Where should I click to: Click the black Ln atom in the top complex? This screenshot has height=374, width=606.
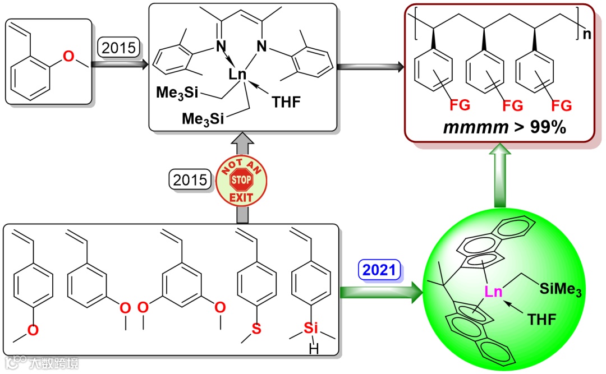[239, 74]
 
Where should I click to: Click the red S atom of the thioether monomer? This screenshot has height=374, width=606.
[256, 329]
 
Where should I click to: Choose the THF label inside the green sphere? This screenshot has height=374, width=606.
[541, 320]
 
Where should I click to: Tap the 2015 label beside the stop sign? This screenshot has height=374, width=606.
[190, 180]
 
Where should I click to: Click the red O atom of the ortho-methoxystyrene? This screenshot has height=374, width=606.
[68, 55]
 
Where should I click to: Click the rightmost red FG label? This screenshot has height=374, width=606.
[561, 105]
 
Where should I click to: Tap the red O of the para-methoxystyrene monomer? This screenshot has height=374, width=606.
[33, 330]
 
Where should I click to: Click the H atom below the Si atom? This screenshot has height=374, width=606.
[311, 350]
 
